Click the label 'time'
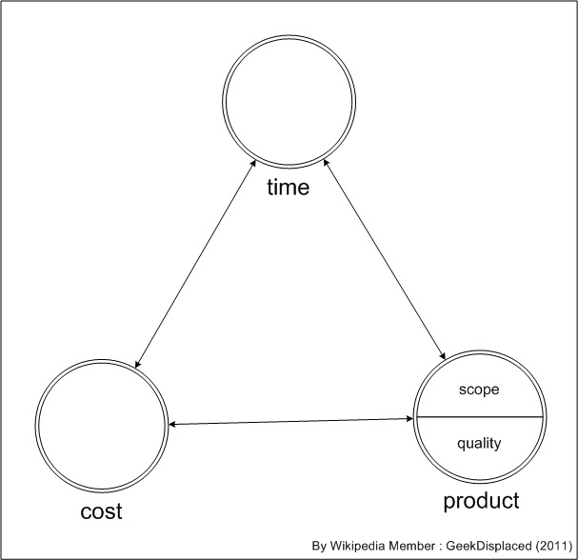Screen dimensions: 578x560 click(x=289, y=188)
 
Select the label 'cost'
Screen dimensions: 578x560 click(x=100, y=511)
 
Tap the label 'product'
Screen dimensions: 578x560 click(x=481, y=500)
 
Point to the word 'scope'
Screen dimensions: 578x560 click(x=479, y=390)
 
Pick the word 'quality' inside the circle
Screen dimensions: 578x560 click(x=479, y=442)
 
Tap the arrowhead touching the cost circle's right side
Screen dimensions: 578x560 click(x=173, y=424)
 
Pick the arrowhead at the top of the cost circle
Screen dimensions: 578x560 click(x=138, y=363)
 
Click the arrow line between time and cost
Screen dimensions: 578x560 click(x=195, y=263)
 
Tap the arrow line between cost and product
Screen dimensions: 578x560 click(x=290, y=421)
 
